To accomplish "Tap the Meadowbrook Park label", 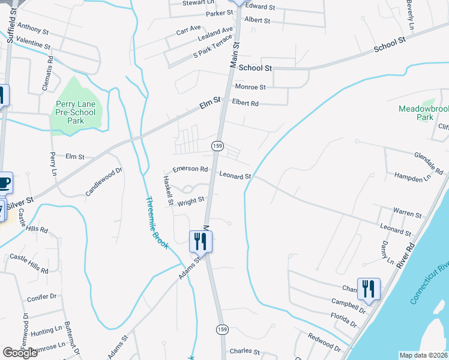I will click(x=424, y=113).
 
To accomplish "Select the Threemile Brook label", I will click(x=155, y=223).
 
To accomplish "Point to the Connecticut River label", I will click(x=429, y=281).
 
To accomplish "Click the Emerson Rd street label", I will click(x=190, y=169).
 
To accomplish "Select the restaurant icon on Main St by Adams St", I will click(x=199, y=242).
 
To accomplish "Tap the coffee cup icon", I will click(x=3, y=182).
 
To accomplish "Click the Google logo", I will click(x=20, y=353).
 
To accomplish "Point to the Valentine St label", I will click(x=34, y=44).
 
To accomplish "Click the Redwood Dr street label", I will click(x=324, y=343).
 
